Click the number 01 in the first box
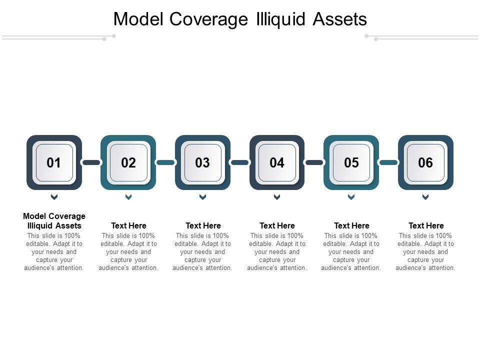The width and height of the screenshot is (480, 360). click(54, 163)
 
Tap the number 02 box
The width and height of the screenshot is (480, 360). click(128, 163)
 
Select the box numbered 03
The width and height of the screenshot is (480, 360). click(202, 163)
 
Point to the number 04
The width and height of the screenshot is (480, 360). click(277, 163)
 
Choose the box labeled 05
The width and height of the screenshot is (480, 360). click(351, 163)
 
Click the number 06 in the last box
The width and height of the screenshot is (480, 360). click(425, 163)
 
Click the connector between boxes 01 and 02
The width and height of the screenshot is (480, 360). click(91, 162)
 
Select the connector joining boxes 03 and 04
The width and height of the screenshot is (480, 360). click(239, 162)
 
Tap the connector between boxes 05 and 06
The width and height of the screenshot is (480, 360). click(388, 162)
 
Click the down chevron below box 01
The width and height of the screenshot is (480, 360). click(54, 197)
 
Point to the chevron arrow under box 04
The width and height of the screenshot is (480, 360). click(277, 197)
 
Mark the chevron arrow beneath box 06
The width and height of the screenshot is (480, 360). click(425, 197)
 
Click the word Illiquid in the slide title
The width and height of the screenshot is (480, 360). click(280, 19)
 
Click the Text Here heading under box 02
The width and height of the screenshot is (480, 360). click(128, 225)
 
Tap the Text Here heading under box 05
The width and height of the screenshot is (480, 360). click(351, 225)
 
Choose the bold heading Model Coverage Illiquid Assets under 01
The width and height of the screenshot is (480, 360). click(54, 221)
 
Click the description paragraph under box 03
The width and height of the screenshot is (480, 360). click(202, 252)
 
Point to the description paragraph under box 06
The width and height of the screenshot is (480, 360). click(425, 252)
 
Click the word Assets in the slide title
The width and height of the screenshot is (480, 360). click(340, 19)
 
